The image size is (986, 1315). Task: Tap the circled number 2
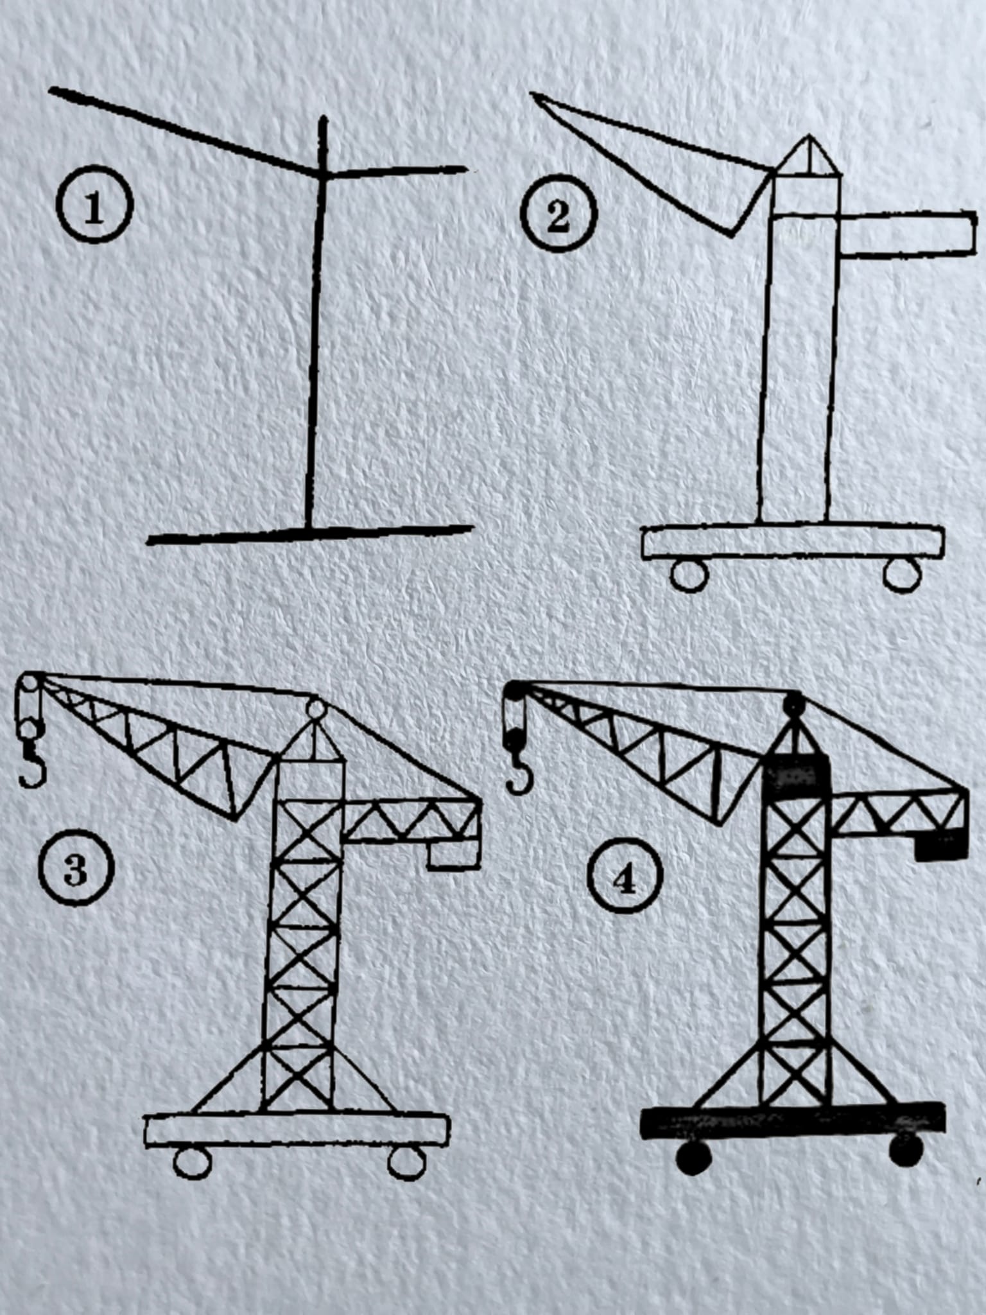point(559,216)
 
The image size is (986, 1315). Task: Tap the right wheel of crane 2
point(903,573)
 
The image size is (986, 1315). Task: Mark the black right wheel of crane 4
point(906,1150)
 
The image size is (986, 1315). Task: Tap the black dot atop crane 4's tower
point(793,703)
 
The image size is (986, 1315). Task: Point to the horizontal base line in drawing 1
point(311,534)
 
